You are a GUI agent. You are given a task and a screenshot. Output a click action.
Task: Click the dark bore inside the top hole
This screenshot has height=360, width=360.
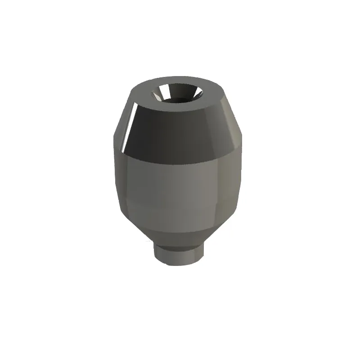pyautogui.click(x=179, y=98)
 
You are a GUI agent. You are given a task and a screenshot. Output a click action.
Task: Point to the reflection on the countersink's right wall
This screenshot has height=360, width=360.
pyautogui.click(x=196, y=94)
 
